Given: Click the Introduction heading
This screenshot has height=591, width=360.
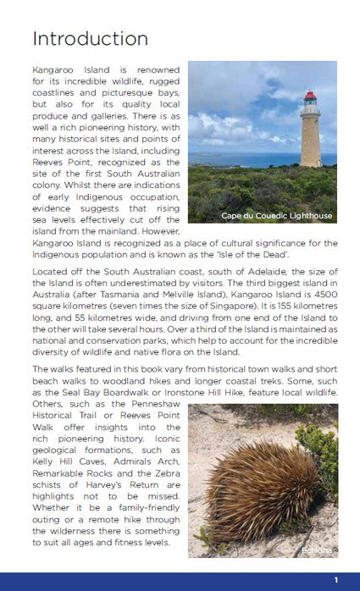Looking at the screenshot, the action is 90,39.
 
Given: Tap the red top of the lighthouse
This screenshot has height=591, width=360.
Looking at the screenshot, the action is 310,97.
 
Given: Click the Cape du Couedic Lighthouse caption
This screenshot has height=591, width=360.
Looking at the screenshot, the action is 276,216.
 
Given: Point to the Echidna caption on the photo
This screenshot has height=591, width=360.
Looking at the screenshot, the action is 316,550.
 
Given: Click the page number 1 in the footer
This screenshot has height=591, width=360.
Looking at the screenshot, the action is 336,580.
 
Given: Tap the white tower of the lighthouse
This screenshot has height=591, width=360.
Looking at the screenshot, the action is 310,135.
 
